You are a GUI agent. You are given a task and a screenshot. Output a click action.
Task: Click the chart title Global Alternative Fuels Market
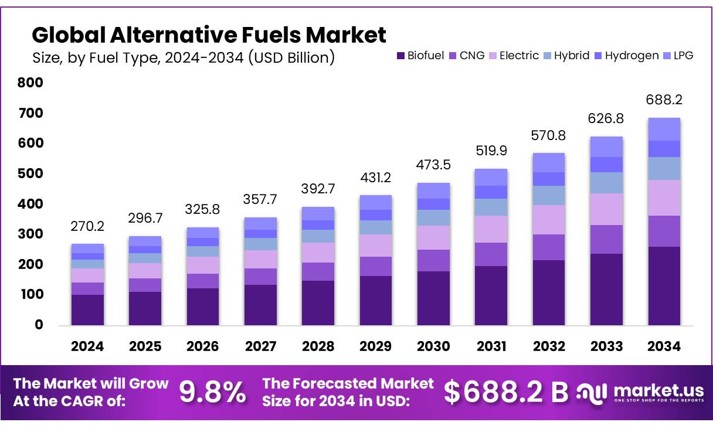[209, 35]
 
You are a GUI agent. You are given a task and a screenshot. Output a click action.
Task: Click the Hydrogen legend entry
[626, 56]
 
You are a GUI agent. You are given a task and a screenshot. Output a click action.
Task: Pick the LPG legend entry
[678, 56]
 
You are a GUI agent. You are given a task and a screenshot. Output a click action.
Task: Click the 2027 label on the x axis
[260, 346]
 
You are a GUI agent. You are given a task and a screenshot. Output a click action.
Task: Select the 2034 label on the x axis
[664, 346]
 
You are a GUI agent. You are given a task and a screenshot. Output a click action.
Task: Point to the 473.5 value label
[433, 165]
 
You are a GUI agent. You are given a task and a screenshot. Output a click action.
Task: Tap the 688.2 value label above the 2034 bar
[664, 100]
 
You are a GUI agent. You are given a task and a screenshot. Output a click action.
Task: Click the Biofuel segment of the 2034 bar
[664, 285]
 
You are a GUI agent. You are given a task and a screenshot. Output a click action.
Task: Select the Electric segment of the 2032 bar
[548, 220]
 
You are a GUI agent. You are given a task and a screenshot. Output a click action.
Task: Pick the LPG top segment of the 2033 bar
[606, 147]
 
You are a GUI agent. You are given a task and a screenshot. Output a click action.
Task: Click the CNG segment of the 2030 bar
[433, 260]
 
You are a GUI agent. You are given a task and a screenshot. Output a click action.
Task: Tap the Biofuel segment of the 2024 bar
[87, 309]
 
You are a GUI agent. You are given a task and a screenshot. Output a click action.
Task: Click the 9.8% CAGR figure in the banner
[212, 393]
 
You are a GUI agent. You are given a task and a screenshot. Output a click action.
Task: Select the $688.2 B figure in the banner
[505, 393]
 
